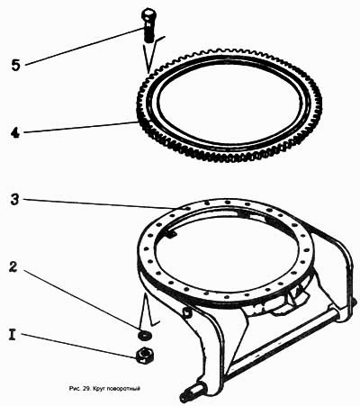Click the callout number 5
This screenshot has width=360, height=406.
(x=15, y=65)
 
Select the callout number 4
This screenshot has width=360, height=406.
(x=15, y=132)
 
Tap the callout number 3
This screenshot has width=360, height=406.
(x=14, y=200)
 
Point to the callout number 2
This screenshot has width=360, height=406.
(x=13, y=267)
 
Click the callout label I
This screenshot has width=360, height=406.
(x=13, y=334)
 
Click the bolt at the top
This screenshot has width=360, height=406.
(x=148, y=25)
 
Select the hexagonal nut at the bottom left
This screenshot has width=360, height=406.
(x=144, y=356)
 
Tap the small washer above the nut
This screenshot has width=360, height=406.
(x=144, y=334)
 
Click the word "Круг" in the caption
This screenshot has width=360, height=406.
(x=97, y=389)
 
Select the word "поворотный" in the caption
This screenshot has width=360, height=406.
(x=122, y=389)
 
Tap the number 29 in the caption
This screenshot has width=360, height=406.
(x=86, y=389)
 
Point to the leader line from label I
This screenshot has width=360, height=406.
(x=79, y=345)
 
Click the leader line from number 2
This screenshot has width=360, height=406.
(x=82, y=301)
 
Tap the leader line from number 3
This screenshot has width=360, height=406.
(x=101, y=203)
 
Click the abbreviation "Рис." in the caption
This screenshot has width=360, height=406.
(x=75, y=389)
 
